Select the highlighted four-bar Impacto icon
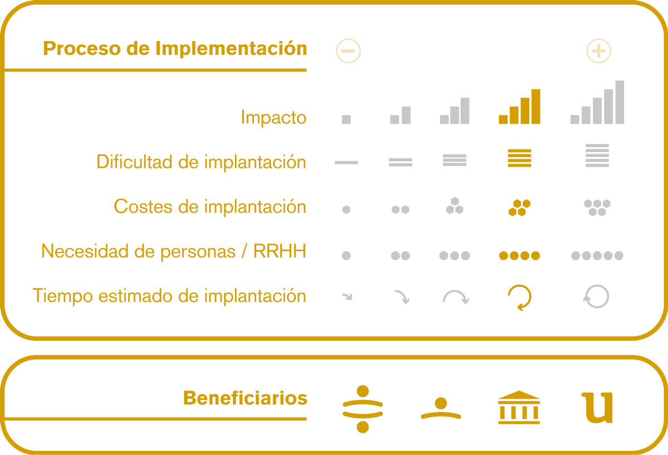pyautogui.click(x=519, y=107)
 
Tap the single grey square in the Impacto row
pyautogui.click(x=346, y=119)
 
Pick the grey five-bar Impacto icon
pyautogui.click(x=597, y=102)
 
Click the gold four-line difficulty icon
pyautogui.click(x=519, y=158)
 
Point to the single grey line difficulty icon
pyautogui.click(x=346, y=162)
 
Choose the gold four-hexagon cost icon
pyautogui.click(x=519, y=207)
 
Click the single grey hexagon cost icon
pyautogui.click(x=346, y=210)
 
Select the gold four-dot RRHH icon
pyautogui.click(x=519, y=256)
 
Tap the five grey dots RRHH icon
pyautogui.click(x=597, y=256)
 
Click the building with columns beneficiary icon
pyautogui.click(x=519, y=408)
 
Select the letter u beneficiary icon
pyautogui.click(x=597, y=408)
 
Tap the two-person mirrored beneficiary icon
pyautogui.click(x=362, y=409)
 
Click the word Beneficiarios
pyautogui.click(x=245, y=398)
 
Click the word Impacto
pyautogui.click(x=273, y=118)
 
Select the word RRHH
pyautogui.click(x=279, y=251)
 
